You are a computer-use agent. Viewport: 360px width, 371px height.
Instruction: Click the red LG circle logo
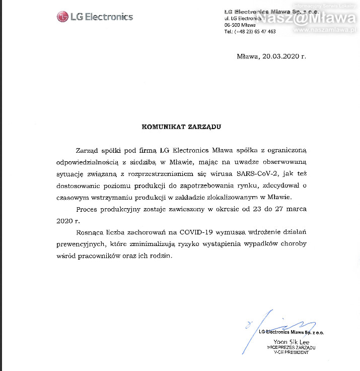tap(62, 17)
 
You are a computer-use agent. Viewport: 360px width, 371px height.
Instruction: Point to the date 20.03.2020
tap(280, 56)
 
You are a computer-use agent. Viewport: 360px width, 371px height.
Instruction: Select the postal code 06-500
tap(232, 25)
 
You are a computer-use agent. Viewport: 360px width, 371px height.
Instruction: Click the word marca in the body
tap(295, 209)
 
